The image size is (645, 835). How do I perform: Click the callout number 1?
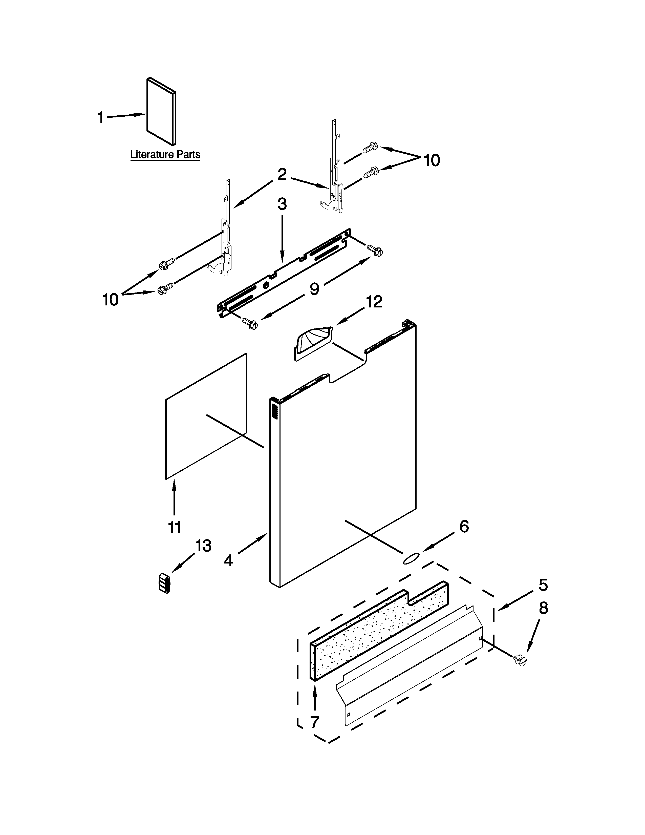click(101, 117)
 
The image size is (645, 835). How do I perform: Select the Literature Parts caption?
click(165, 155)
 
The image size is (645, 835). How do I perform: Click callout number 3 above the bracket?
click(282, 204)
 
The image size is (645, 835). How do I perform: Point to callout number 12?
click(374, 302)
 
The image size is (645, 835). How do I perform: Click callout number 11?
click(174, 528)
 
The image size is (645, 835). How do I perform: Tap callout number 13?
click(203, 546)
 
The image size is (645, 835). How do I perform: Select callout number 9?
click(314, 289)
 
